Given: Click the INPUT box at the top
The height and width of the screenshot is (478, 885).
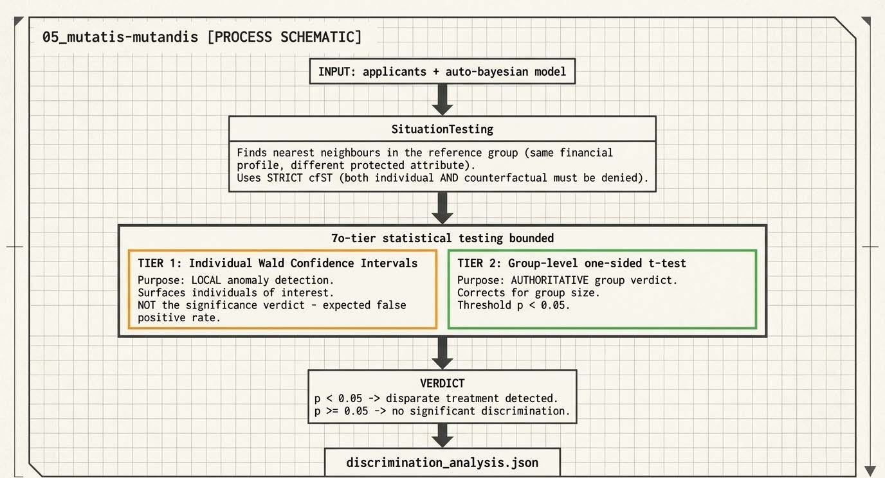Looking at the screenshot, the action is tap(442, 71).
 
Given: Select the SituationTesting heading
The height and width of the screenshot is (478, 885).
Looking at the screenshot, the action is tap(442, 130).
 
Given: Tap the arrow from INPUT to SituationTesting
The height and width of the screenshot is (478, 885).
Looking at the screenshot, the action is tap(442, 100).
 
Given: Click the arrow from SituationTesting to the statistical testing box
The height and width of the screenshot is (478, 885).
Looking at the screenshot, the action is tap(442, 208).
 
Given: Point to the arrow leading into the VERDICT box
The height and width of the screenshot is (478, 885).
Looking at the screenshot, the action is tap(442, 353).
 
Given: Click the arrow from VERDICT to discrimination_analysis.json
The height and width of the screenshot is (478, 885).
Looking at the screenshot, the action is tap(442, 436).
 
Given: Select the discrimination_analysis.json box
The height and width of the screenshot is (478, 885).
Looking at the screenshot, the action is tap(442, 462).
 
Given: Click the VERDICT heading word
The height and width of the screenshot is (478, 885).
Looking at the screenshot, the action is tap(442, 384).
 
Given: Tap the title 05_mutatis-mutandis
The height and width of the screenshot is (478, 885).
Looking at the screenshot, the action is tap(120, 37).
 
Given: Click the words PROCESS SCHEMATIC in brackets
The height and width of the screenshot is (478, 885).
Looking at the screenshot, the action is tap(284, 37).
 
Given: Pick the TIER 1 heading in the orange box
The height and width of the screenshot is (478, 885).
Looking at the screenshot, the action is tap(277, 263).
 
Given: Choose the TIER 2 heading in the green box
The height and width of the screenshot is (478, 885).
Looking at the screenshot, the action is tap(571, 263).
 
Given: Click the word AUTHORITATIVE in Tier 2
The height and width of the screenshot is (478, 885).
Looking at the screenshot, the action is tap(549, 280).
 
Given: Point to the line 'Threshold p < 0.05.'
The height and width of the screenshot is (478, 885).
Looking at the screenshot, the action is tap(514, 306).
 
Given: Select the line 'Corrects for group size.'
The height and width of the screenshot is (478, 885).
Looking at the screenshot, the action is tap(528, 293).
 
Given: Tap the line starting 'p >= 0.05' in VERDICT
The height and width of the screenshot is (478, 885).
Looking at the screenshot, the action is tap(442, 411).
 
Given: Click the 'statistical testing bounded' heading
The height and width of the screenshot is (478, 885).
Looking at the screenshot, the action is tap(468, 238).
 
